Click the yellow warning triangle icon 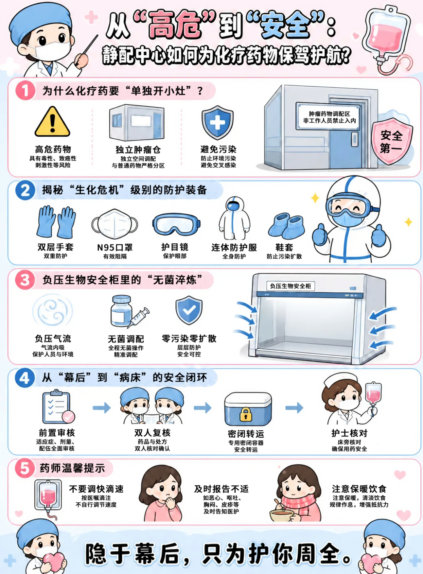(52, 121)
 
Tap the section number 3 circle (25, 280)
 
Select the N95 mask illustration (114, 224)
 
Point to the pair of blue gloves (56, 222)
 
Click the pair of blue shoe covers (286, 226)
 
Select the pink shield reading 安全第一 (392, 141)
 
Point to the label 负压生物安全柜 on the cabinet (290, 286)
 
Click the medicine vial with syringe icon (130, 311)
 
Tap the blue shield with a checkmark (189, 310)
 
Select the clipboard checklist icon (58, 407)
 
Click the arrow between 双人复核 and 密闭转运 (202, 408)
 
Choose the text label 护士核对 (349, 433)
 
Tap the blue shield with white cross (217, 123)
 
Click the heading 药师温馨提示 (72, 468)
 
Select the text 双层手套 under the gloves (56, 247)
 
